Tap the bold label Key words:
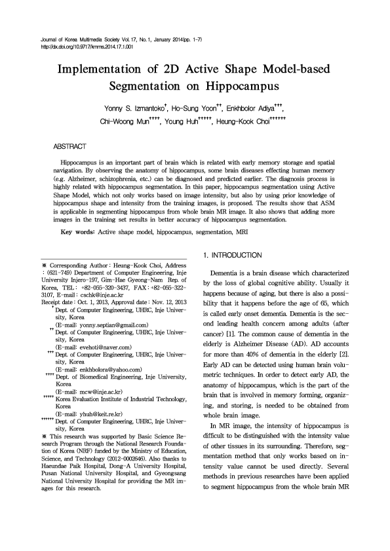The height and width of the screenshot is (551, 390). point(76,232)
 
